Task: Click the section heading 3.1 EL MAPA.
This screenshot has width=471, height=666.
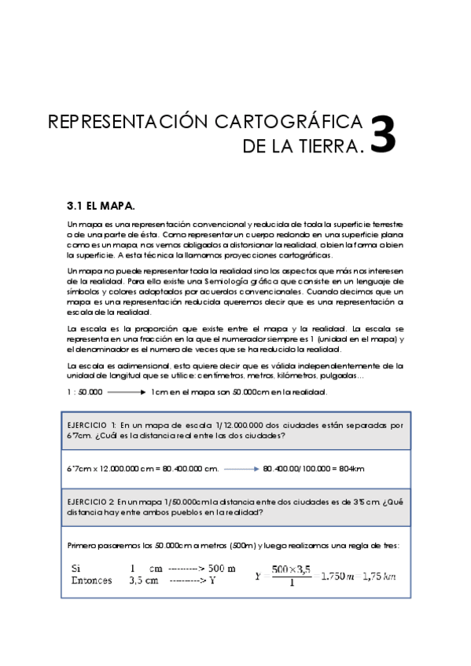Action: tap(101, 206)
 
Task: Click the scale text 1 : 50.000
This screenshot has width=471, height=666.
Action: tap(85, 391)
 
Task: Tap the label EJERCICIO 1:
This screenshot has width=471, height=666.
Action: tap(92, 424)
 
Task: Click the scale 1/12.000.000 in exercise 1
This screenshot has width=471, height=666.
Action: tap(214, 424)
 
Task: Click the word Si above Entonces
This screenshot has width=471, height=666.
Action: tap(75, 568)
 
